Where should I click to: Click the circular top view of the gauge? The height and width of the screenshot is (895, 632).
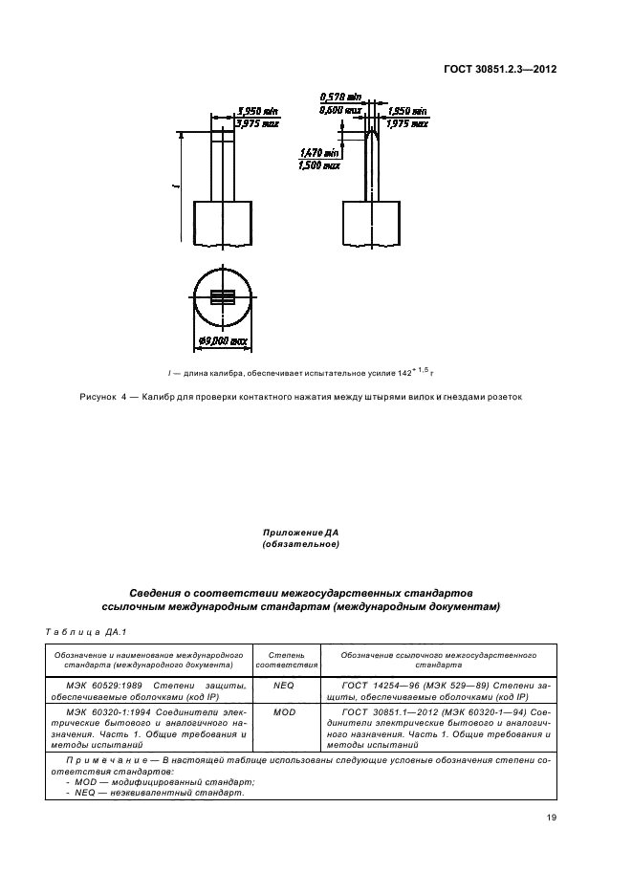tap(222, 297)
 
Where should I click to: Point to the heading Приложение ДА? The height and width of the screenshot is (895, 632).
tap(300, 533)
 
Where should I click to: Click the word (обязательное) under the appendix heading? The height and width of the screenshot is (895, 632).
tap(300, 544)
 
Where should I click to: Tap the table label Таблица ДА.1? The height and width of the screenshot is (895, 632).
tap(75, 631)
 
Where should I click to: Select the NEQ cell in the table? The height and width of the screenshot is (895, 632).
tap(284, 686)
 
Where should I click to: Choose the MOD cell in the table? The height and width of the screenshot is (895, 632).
tap(284, 712)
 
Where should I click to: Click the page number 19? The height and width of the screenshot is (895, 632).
tap(551, 817)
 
